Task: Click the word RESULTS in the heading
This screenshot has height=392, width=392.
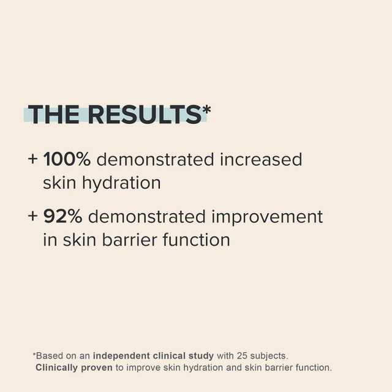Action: coord(145,115)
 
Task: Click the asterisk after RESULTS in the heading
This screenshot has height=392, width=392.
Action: coord(206,110)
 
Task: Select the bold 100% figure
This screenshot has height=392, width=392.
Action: coord(67,160)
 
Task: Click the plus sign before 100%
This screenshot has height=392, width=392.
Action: coord(33,160)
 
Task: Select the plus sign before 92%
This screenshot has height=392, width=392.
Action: coord(33,217)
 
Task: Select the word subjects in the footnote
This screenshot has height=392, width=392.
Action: coord(268,355)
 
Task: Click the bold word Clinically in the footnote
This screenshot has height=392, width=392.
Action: coord(57,367)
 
